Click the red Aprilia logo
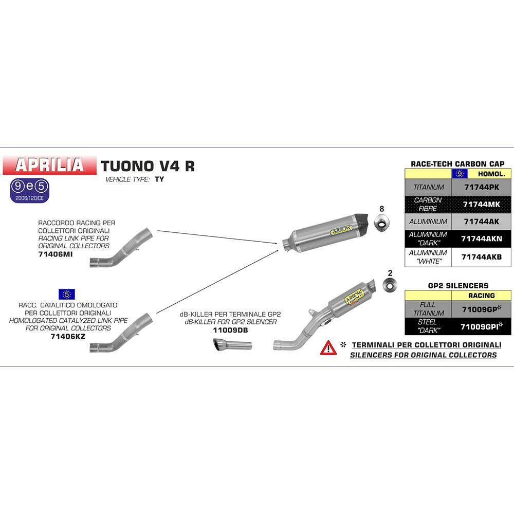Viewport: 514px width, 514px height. coord(49,165)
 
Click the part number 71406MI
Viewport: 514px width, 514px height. coord(56,254)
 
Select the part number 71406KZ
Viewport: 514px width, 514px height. coord(68,336)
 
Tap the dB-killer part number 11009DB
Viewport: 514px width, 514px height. coord(230,330)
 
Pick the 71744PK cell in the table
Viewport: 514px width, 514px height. coord(481,187)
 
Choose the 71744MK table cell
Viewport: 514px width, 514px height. coord(481,204)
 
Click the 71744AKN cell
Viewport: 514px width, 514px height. coord(481,238)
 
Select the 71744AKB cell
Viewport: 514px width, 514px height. coord(481,257)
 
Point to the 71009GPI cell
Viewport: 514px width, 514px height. coord(481,326)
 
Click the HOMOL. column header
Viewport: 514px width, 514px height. coord(491,174)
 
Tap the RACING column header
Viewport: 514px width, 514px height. coord(481,296)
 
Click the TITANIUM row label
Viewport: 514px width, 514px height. coord(429,187)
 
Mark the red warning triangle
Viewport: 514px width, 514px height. coord(328,348)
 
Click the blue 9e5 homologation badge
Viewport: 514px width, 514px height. coord(29,191)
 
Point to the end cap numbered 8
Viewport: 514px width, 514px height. coord(382,223)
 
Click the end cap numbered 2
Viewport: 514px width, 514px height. coord(390,285)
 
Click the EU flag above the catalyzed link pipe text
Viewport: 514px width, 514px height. coord(67,294)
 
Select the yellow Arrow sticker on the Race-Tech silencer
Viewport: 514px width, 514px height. coord(342,230)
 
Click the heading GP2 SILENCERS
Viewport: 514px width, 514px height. coord(458,285)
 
